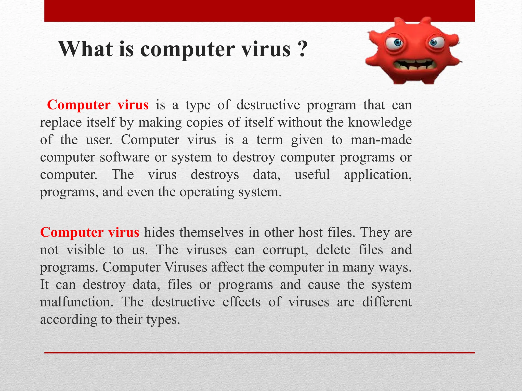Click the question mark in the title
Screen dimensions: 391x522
(x=302, y=49)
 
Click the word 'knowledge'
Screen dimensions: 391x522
(x=380, y=122)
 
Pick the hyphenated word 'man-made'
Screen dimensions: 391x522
(x=381, y=140)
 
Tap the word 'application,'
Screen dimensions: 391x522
(x=378, y=175)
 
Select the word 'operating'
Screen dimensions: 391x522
(x=207, y=192)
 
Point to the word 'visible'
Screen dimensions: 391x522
(x=86, y=250)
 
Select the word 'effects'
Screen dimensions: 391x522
(x=242, y=302)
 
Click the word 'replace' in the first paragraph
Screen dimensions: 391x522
(x=61, y=122)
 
